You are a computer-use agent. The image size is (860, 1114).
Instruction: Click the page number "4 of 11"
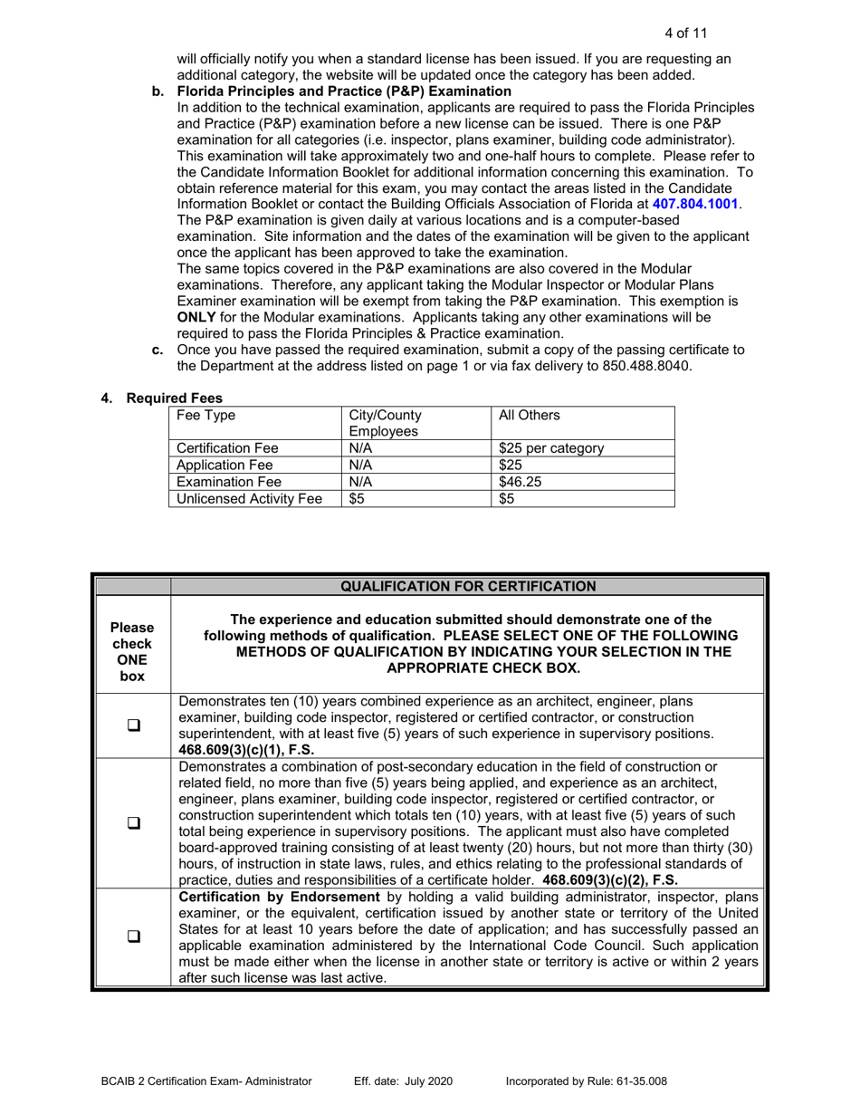[685, 34]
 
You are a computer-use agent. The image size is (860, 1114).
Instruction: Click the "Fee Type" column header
[205, 416]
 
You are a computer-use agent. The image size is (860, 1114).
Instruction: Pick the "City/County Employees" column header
[385, 424]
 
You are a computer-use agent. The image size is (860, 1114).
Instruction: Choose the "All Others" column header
[530, 416]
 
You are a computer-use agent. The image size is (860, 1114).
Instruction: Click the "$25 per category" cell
[551, 448]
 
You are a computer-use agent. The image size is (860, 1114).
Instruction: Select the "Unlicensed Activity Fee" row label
[249, 498]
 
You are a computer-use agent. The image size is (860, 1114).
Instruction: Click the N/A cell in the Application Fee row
[361, 466]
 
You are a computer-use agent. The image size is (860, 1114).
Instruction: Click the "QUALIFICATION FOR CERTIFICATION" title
[468, 586]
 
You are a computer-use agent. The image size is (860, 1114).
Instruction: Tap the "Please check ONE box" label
[132, 652]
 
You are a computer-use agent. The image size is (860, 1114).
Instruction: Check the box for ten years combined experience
[132, 725]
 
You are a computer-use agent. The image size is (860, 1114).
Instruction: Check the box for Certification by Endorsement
[132, 937]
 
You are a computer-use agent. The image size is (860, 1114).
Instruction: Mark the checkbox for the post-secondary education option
[132, 823]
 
